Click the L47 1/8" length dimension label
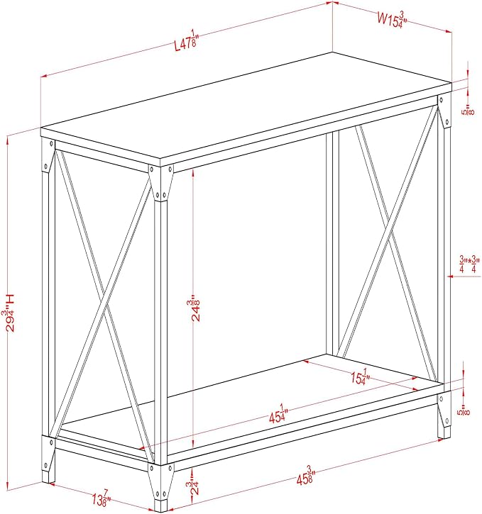[x=187, y=40]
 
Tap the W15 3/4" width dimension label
[x=392, y=20]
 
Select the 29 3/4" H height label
[x=10, y=313]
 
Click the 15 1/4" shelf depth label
[x=361, y=377]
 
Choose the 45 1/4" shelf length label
[x=278, y=414]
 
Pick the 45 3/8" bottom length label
[x=306, y=476]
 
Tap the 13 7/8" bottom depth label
[x=102, y=498]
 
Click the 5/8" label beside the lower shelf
[x=464, y=410]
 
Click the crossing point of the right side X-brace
[x=389, y=226]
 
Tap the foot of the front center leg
[x=160, y=505]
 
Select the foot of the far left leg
[x=48, y=477]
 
